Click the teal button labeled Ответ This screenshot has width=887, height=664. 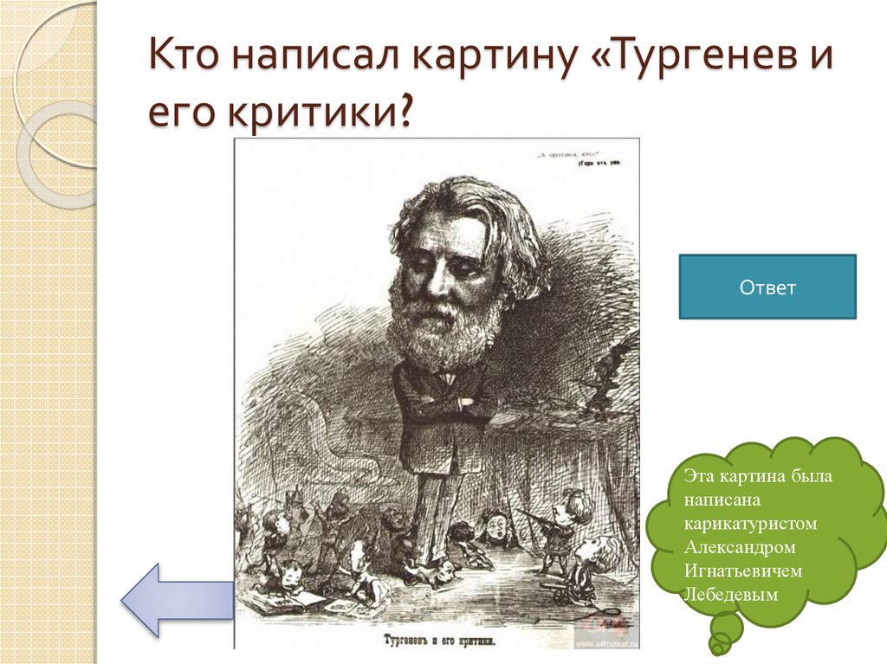(767, 287)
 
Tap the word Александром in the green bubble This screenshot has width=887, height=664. (739, 547)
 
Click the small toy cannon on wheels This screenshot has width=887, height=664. (562, 593)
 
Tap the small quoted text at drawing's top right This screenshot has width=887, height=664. (586, 158)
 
